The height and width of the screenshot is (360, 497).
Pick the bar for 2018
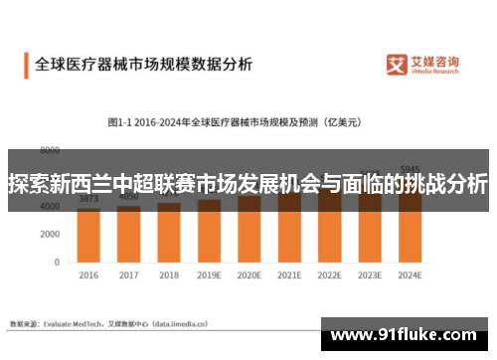(x=169, y=235)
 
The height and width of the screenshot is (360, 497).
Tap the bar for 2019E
(x=209, y=233)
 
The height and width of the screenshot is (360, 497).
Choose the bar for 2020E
(x=249, y=231)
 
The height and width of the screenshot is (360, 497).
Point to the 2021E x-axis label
(x=289, y=274)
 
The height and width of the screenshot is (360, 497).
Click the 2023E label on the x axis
(x=370, y=274)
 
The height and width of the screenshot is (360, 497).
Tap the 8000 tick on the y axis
(x=49, y=151)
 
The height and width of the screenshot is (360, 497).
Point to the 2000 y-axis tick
(x=49, y=234)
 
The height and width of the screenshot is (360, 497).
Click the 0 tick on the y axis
(x=57, y=262)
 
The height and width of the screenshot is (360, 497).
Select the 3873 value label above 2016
(x=88, y=199)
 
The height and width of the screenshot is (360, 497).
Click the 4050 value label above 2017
(x=129, y=197)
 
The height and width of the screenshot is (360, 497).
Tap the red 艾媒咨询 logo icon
(x=398, y=65)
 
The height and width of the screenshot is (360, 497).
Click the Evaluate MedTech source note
(x=109, y=323)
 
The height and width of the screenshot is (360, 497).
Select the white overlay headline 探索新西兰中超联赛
(x=248, y=184)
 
